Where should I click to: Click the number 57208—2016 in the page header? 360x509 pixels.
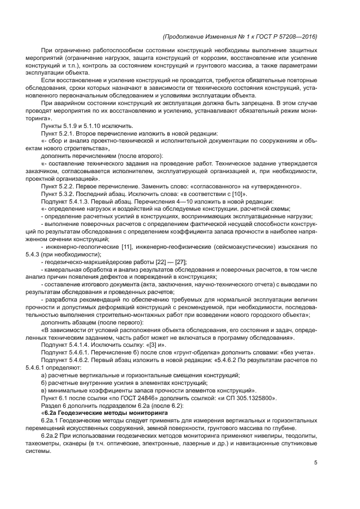[298, 37]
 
